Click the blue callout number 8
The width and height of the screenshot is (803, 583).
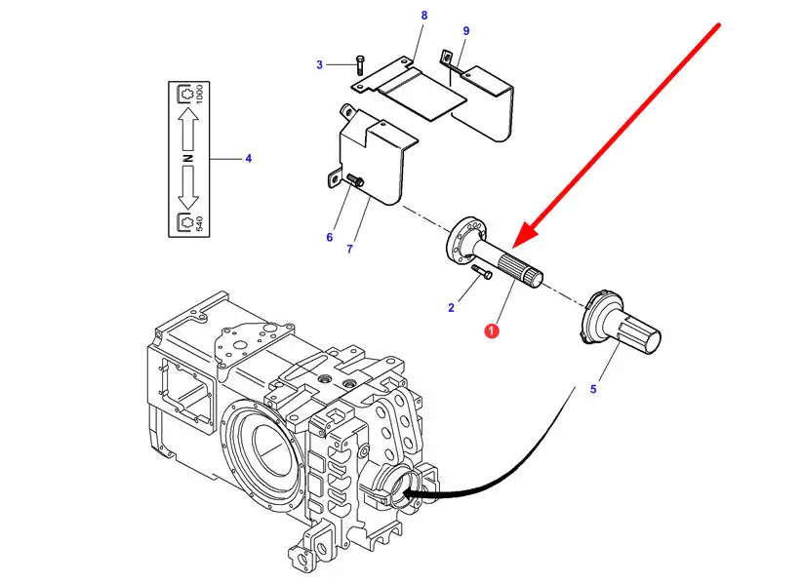pos(424,16)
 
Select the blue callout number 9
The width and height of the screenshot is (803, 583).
pos(466,31)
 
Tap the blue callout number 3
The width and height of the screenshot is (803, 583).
pos(320,65)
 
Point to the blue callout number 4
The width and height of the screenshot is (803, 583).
pos(249,159)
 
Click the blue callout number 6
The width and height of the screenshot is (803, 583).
pos(330,238)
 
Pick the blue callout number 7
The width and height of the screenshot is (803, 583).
pos(349,250)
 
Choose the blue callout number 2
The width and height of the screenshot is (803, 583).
pos(451,308)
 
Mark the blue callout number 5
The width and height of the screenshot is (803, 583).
pos(593,390)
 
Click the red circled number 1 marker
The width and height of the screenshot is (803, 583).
pos(492,331)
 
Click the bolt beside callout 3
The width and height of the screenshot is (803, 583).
pos(360,65)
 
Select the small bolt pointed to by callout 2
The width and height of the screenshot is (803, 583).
pos(482,272)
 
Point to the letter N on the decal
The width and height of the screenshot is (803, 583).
pos(188,158)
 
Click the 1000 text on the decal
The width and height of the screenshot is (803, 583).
pos(199,95)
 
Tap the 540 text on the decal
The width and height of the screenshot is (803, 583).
pos(199,223)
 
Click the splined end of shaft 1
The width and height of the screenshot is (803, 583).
pos(521,271)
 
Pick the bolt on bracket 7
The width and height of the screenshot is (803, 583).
pos(355,179)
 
